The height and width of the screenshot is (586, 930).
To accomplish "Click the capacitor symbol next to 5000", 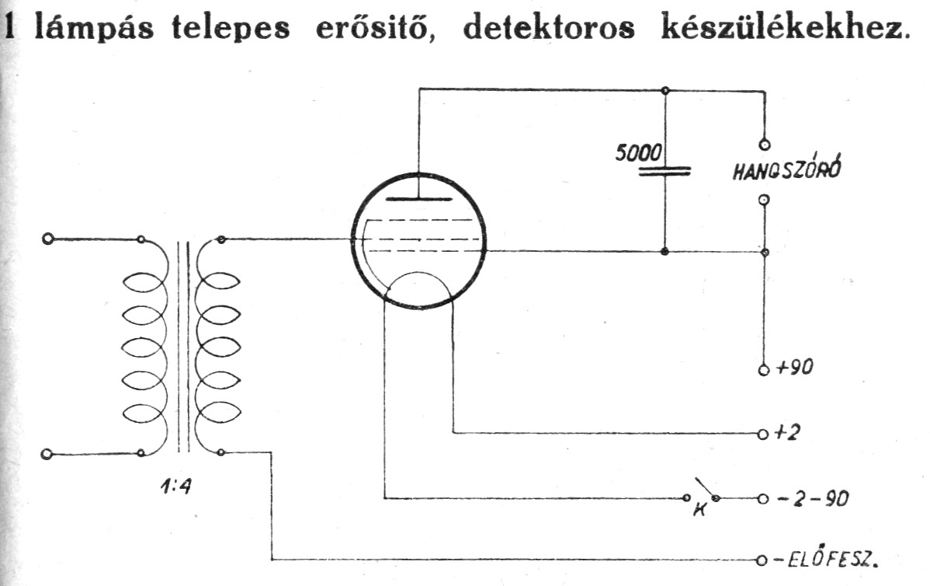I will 665,170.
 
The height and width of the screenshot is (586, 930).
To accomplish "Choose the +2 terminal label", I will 789,433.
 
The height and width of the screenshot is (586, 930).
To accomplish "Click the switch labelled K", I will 701,493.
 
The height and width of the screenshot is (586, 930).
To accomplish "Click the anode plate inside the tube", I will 418,199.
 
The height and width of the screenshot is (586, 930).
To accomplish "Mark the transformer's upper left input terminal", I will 48,239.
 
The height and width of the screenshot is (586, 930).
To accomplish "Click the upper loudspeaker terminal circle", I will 765,144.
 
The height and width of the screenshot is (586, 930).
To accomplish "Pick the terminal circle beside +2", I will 764,433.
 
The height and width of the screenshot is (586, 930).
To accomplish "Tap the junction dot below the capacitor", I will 665,252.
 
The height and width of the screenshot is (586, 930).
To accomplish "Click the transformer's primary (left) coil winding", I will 144,346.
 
